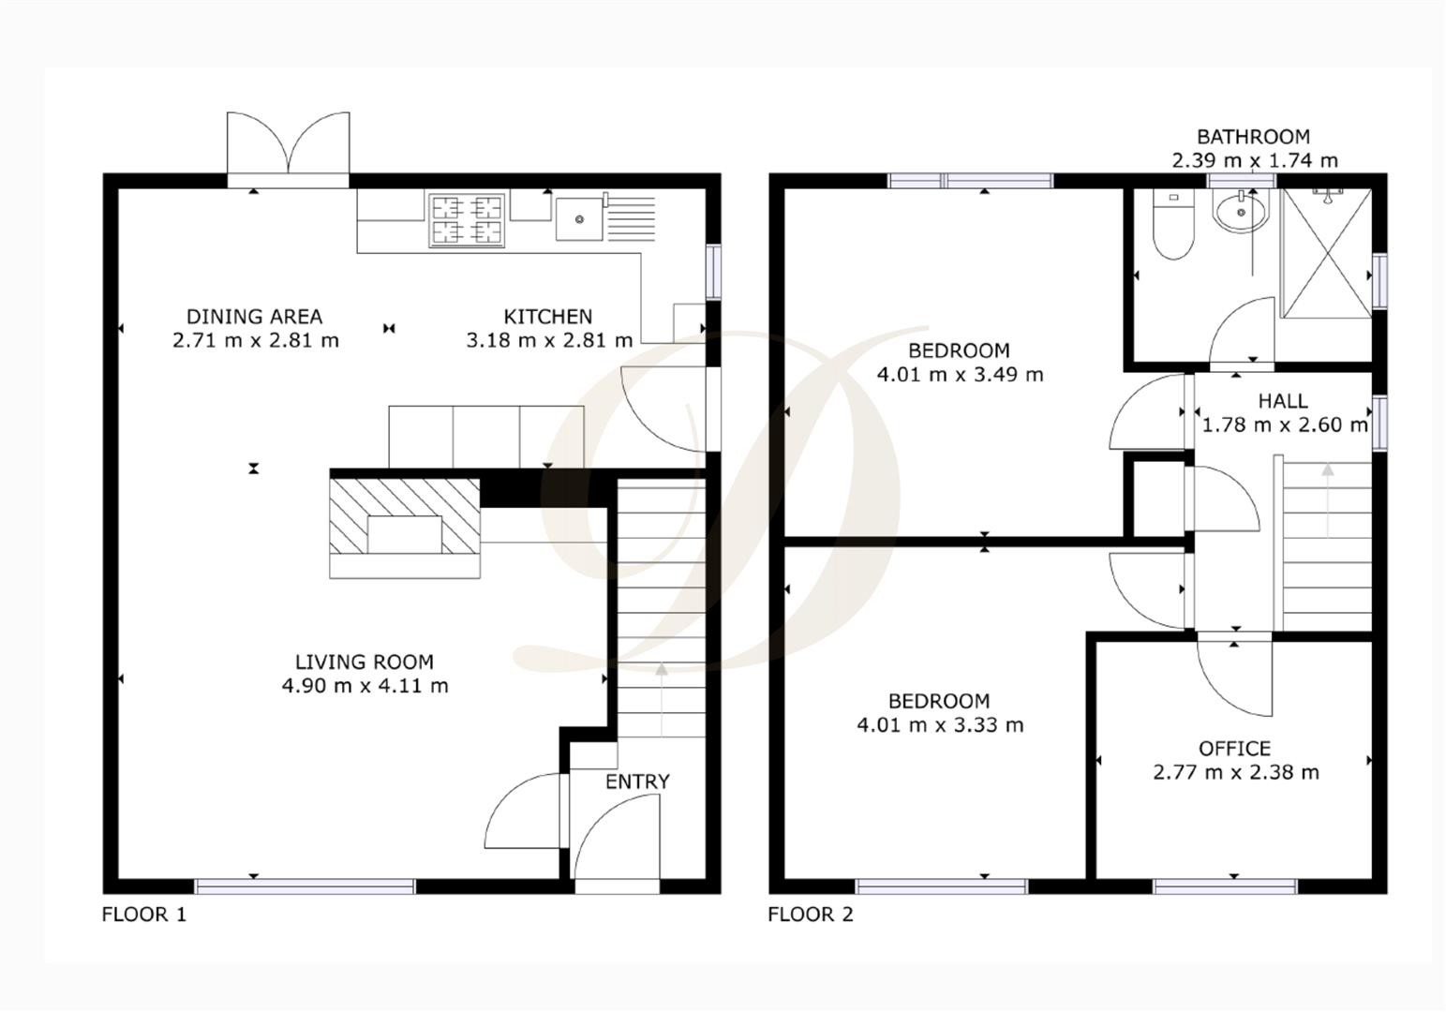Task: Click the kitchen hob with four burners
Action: click(467, 219)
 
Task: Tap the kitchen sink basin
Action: click(580, 219)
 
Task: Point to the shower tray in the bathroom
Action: click(1325, 253)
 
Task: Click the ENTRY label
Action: click(637, 781)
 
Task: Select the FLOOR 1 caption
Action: click(144, 915)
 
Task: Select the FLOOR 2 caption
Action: click(811, 915)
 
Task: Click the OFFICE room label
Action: click(1234, 749)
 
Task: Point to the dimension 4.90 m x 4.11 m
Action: click(365, 686)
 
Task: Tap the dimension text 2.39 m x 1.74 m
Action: click(1254, 160)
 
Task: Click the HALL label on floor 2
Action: click(1282, 401)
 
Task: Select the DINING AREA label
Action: click(254, 317)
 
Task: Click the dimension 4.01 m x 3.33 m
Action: click(940, 725)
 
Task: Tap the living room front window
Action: click(305, 885)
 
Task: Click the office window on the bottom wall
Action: click(1226, 885)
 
